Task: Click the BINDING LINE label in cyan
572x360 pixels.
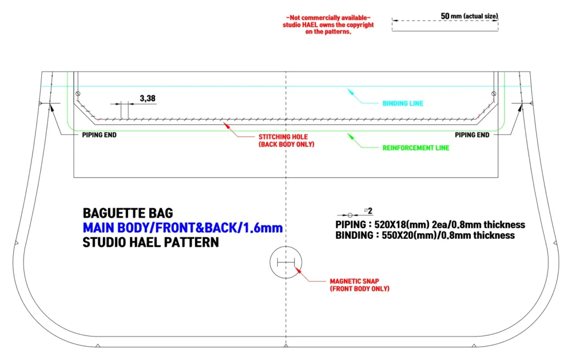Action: (403, 103)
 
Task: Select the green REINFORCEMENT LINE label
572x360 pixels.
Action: (416, 148)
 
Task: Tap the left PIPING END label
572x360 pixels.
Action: (99, 135)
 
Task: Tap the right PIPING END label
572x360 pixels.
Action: (472, 135)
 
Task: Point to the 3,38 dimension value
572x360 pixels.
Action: (147, 98)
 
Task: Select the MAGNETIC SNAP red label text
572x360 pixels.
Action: (360, 285)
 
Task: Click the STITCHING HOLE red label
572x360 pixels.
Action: (287, 140)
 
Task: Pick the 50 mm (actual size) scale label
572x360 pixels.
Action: (469, 16)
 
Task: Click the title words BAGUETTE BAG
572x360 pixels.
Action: (128, 213)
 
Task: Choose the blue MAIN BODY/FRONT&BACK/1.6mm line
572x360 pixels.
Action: (183, 228)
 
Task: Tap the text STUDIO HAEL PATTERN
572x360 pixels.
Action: (151, 242)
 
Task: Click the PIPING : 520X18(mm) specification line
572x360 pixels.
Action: (430, 224)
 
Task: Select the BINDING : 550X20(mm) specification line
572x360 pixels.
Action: (425, 236)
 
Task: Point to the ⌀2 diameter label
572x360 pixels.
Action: (368, 210)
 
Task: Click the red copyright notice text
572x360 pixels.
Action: (328, 25)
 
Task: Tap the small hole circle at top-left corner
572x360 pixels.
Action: (78, 94)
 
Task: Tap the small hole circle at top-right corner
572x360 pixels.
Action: (494, 94)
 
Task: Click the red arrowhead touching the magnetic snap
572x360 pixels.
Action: (298, 270)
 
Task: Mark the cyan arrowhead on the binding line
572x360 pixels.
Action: (351, 92)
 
